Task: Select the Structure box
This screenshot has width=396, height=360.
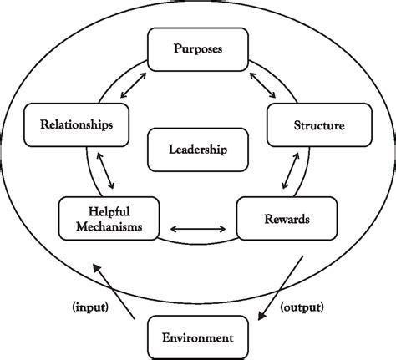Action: tap(318, 125)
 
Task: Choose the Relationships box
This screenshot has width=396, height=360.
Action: tap(77, 125)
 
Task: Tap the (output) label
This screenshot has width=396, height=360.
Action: tap(302, 307)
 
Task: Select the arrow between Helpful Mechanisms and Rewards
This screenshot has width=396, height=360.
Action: tap(199, 226)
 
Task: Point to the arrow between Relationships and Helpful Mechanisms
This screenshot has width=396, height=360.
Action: tap(105, 173)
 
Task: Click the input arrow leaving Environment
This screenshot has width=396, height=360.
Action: tap(114, 292)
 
